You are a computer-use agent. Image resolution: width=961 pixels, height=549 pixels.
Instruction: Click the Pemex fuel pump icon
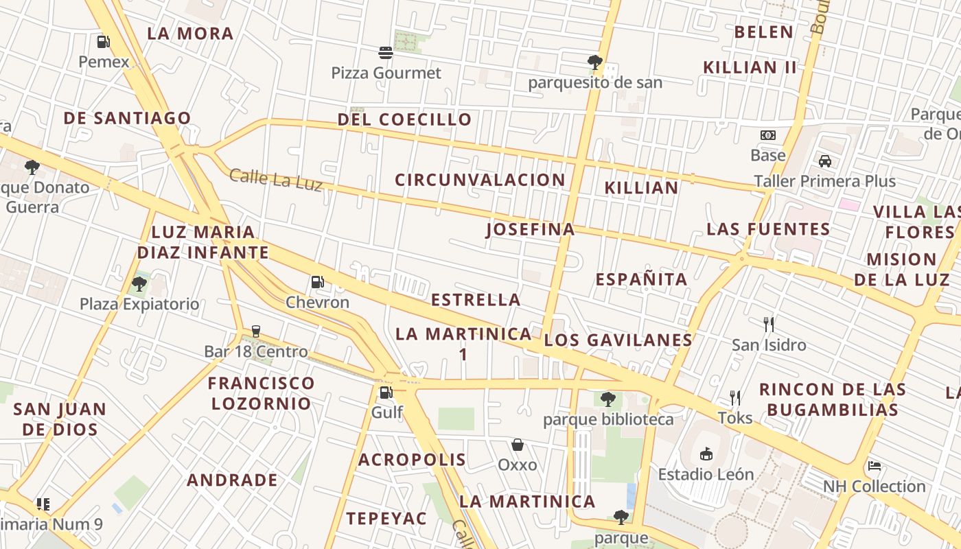click(103, 42)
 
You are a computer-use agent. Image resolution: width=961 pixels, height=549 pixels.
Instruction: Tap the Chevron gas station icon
click(317, 282)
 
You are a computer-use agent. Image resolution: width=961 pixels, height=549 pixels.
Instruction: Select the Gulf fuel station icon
click(386, 393)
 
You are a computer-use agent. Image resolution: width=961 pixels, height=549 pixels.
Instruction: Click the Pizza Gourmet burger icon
click(386, 52)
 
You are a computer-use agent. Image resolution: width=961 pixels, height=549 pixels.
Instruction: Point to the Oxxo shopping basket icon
click(518, 445)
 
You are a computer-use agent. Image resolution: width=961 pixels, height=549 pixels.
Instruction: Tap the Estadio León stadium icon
click(706, 454)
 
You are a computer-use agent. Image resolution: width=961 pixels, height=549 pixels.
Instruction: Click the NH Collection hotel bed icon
click(875, 466)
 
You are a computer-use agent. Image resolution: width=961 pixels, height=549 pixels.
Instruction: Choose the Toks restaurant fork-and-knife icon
click(735, 397)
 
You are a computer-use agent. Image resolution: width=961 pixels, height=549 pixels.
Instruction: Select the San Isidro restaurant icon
click(769, 324)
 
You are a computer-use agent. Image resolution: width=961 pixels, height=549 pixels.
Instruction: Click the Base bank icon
click(768, 135)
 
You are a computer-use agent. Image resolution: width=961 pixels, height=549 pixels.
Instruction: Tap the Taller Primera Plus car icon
click(825, 161)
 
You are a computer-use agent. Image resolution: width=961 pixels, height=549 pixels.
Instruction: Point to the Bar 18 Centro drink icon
click(256, 331)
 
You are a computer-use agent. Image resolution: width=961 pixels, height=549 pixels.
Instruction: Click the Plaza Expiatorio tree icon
click(139, 283)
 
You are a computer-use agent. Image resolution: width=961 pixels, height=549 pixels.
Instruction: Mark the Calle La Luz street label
click(276, 179)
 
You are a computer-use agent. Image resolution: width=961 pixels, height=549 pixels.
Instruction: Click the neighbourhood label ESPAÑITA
click(641, 279)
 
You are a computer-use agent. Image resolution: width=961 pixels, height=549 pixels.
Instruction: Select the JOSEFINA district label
click(531, 229)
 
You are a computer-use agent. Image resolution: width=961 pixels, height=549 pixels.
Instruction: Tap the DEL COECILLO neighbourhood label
click(404, 119)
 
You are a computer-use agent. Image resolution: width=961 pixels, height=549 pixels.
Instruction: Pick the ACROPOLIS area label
click(412, 460)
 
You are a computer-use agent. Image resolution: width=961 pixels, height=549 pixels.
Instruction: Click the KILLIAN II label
click(750, 67)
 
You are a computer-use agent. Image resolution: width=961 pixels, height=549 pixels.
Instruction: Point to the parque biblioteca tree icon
click(608, 399)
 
